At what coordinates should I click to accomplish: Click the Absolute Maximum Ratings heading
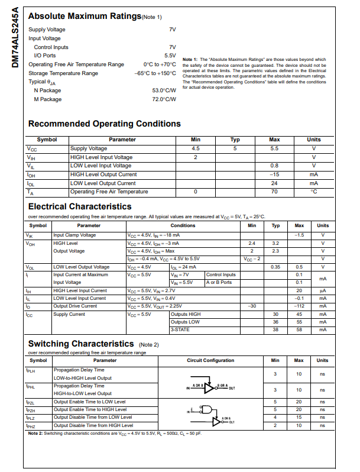(x=85, y=17)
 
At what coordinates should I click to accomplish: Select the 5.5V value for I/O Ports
(x=170, y=56)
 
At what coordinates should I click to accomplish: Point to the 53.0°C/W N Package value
(x=164, y=90)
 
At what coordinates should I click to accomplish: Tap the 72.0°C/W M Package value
(x=164, y=99)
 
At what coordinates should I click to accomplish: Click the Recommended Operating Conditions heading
(x=104, y=124)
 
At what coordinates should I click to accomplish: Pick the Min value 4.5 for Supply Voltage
(x=196, y=148)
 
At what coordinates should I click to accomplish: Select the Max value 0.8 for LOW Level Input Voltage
(x=274, y=166)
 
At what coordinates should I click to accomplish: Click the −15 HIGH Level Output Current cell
(x=274, y=174)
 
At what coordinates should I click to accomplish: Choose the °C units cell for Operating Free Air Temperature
(x=314, y=192)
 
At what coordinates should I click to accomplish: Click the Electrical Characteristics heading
(x=80, y=206)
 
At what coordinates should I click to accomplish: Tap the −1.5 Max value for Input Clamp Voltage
(x=299, y=235)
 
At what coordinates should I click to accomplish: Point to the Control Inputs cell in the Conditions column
(x=221, y=274)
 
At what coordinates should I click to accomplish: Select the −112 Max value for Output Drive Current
(x=299, y=306)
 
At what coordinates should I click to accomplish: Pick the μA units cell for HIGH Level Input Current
(x=323, y=290)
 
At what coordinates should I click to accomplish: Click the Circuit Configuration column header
(x=210, y=360)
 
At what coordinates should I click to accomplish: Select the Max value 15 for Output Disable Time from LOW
(x=299, y=417)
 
